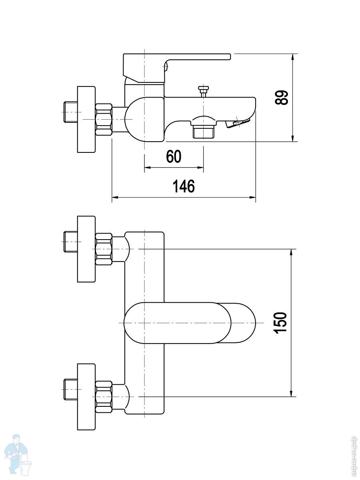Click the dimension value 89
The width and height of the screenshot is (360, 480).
click(282, 97)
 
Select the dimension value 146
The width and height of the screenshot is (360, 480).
click(184, 186)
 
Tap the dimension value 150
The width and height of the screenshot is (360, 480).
click(282, 322)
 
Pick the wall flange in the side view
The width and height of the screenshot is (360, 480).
click(86, 119)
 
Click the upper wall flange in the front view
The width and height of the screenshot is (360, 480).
click(86, 249)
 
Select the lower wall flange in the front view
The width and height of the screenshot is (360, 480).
click(86, 396)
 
